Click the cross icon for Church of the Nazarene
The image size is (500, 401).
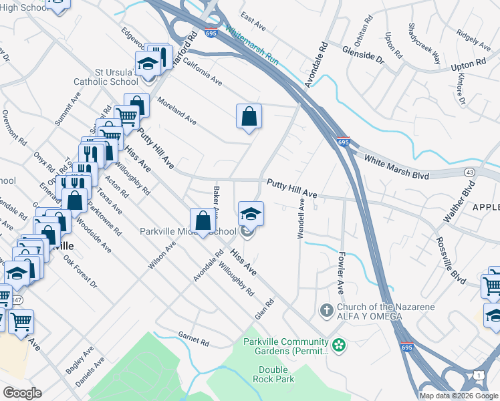point(326,310)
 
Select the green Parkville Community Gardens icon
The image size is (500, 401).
point(340,346)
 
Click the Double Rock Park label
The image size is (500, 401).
point(276,374)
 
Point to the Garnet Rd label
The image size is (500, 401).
point(193,340)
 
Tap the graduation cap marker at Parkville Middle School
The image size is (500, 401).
point(251,214)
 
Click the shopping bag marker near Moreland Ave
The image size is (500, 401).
point(249,116)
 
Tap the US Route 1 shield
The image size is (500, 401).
point(480,376)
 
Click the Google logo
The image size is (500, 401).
point(23,393)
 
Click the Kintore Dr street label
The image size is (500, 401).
point(461,88)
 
